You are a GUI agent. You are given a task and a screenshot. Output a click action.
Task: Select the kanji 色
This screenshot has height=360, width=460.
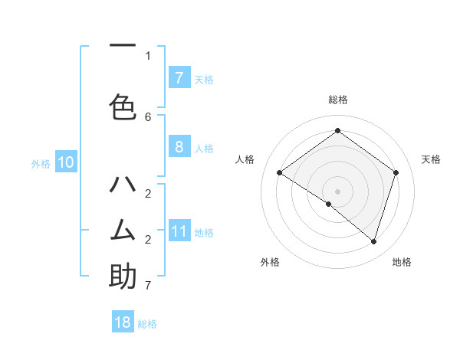123,106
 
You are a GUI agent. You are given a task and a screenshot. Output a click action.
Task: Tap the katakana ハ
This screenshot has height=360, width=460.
123,184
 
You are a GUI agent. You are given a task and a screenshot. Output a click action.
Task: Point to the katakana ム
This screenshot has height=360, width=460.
123,229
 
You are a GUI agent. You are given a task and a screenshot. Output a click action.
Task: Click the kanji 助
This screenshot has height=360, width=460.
123,276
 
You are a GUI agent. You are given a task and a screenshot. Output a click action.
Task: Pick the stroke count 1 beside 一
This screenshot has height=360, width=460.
148,55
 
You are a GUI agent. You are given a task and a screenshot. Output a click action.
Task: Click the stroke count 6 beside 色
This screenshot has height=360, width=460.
148,116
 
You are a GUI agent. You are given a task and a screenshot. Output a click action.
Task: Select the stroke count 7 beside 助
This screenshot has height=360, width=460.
148,286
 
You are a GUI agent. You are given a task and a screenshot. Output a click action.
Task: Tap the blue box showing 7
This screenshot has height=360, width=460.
179,77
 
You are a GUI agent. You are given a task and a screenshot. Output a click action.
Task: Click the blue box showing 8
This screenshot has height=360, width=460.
179,147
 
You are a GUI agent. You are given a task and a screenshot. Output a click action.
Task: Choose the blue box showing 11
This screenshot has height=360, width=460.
179,231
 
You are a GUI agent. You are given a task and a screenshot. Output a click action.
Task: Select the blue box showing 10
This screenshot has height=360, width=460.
66,162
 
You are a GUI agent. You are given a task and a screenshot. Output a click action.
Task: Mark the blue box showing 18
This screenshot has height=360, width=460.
123,322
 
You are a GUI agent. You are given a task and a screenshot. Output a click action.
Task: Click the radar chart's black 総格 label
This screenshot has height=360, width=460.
337,100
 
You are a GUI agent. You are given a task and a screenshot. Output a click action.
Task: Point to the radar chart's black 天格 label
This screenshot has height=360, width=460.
431,159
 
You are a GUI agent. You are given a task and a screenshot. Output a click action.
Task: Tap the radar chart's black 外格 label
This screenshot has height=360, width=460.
269,262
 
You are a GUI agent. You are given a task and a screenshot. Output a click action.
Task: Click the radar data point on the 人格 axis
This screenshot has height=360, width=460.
279,173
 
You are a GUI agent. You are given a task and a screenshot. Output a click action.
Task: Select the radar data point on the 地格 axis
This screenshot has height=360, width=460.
373,241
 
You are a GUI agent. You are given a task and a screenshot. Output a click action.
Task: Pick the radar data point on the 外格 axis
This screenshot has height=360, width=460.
329,204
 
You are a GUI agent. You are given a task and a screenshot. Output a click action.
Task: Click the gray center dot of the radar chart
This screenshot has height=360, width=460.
337,191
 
